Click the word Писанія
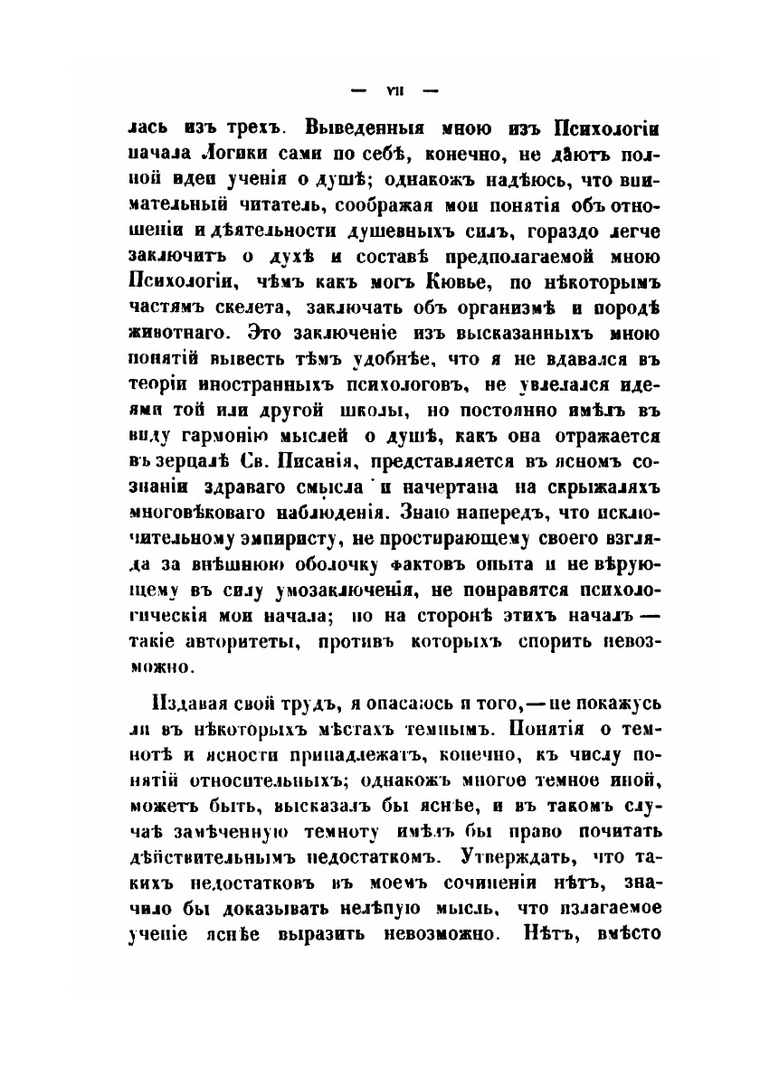[x=366, y=463]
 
